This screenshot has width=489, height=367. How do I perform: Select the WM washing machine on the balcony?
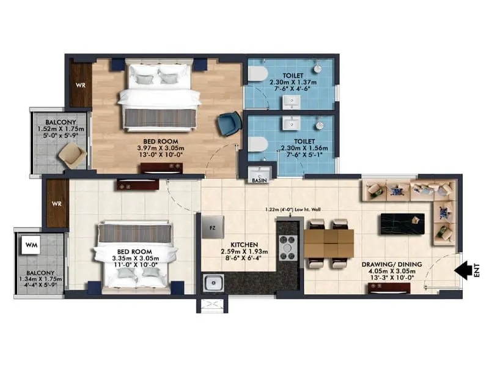31,245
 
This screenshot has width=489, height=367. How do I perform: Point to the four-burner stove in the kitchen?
287,248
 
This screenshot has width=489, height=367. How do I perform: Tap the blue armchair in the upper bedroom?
229,124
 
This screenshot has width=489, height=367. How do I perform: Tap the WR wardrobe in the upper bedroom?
80,85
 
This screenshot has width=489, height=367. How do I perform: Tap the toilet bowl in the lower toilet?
257,144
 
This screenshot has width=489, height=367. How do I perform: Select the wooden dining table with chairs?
329,242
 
